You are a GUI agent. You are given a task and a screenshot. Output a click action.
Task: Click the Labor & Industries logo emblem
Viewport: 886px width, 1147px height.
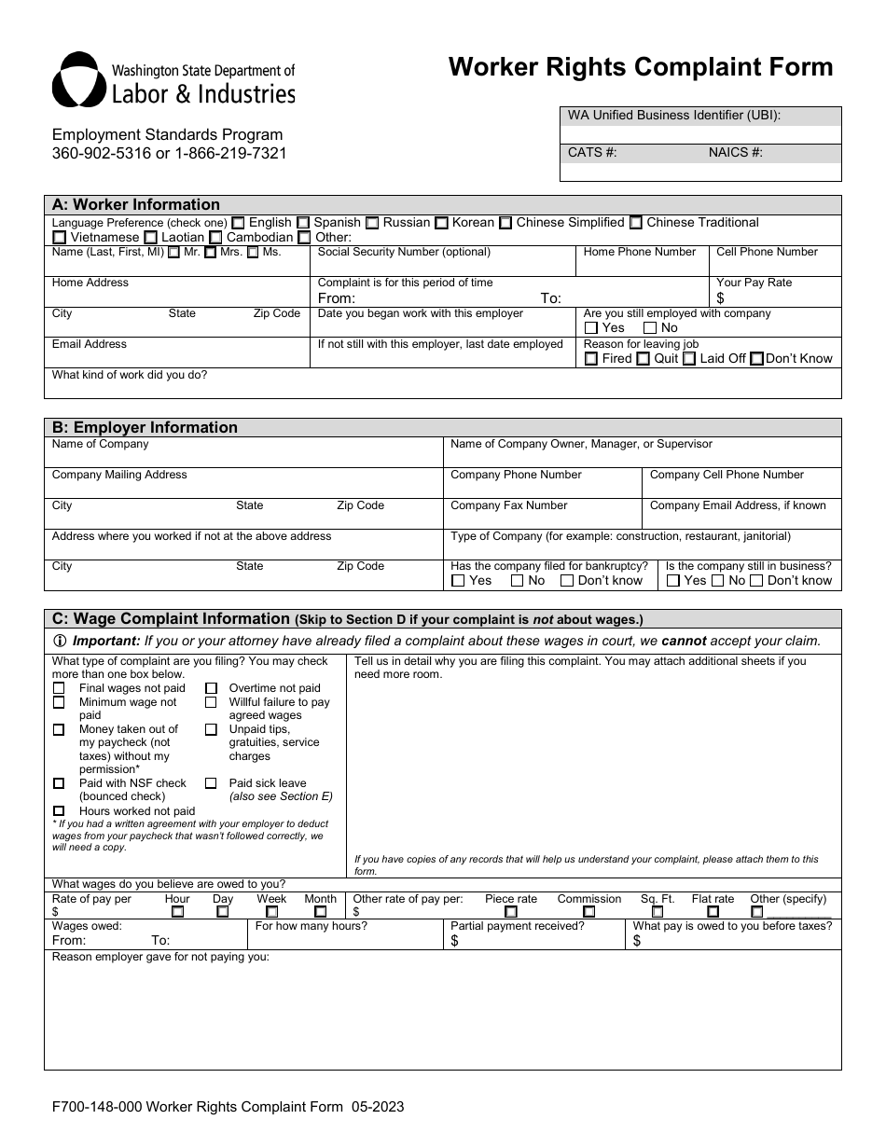point(78,80)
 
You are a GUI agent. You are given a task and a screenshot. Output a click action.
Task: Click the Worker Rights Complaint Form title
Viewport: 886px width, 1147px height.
point(641,67)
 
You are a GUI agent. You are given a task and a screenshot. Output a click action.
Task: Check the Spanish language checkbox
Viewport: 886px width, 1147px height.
point(303,223)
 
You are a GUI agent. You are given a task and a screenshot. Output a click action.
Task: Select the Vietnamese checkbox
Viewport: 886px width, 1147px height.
point(59,238)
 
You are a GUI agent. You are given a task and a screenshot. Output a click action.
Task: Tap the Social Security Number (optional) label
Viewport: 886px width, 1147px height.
point(404,252)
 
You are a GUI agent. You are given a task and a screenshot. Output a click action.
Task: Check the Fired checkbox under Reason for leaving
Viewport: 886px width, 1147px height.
point(590,359)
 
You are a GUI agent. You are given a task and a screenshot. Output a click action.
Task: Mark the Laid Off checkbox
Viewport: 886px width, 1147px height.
point(688,359)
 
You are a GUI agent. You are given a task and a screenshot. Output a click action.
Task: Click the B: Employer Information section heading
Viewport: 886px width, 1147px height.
point(145,427)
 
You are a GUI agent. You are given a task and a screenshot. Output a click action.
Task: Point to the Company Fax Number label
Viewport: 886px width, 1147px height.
point(508,505)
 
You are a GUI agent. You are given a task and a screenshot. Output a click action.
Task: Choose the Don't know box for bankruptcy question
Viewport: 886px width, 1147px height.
point(567,581)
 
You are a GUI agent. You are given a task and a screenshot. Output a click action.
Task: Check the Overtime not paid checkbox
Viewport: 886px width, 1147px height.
point(211,688)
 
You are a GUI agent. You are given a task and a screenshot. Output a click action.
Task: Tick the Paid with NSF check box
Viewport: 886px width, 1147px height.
point(60,783)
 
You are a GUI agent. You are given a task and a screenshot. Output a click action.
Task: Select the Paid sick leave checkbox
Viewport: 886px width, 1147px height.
point(211,783)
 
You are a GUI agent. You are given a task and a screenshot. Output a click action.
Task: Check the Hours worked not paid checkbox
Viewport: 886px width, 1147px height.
point(60,811)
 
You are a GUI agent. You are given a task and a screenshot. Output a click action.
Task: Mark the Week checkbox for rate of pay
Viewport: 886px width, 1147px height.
point(271,912)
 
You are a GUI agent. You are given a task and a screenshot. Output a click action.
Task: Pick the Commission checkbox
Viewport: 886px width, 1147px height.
point(588,912)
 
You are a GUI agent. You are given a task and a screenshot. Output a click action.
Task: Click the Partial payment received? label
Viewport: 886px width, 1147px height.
point(517,926)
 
